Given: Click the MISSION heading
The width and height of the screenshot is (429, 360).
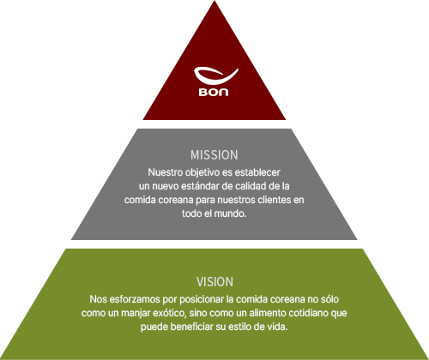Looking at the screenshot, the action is pyautogui.click(x=214, y=155).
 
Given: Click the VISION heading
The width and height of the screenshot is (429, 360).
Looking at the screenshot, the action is pyautogui.click(x=214, y=282).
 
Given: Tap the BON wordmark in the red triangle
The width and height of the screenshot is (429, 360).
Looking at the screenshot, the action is pyautogui.click(x=214, y=92).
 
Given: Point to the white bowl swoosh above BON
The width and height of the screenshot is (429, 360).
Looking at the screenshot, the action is pyautogui.click(x=216, y=75).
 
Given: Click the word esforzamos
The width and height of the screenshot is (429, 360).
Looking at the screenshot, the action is pyautogui.click(x=135, y=299).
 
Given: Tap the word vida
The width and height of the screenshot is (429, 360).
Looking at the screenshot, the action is pyautogui.click(x=278, y=327).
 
